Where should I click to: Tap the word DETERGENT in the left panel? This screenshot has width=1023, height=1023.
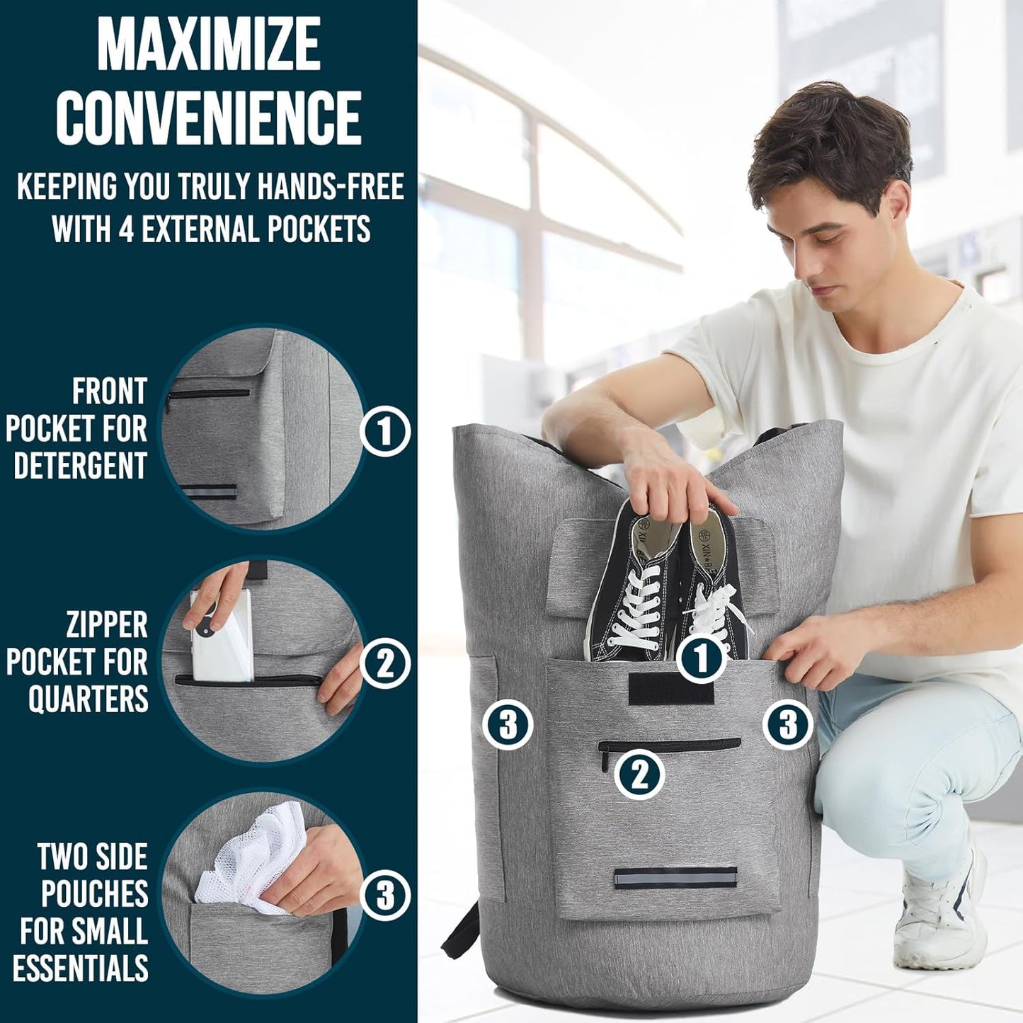[80, 466]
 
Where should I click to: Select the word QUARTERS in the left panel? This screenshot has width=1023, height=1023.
[88, 699]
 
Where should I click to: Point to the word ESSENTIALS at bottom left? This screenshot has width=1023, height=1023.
[81, 968]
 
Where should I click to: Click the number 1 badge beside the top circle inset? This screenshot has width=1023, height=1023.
[385, 431]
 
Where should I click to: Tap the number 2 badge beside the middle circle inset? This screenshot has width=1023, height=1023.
[385, 663]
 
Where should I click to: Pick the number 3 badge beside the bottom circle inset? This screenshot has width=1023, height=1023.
[385, 896]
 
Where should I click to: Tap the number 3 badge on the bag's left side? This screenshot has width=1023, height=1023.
[508, 725]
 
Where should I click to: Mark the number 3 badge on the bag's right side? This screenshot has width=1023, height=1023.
[788, 724]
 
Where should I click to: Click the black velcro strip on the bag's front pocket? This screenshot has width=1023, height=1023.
[671, 689]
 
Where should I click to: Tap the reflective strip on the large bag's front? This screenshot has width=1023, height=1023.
[675, 879]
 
